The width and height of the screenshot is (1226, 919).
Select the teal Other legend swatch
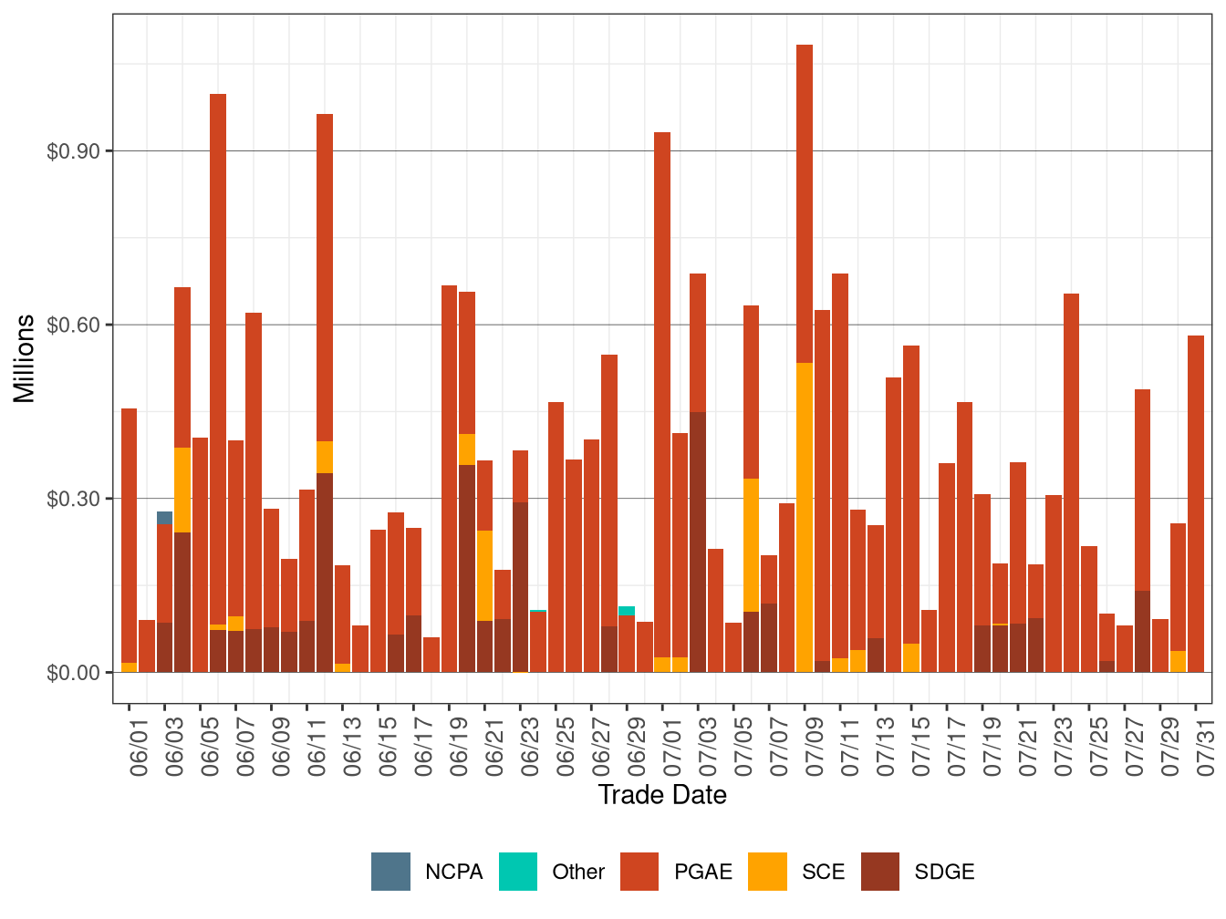point(518,872)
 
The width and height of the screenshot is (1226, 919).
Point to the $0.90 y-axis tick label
point(73,151)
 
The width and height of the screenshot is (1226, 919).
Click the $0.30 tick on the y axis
point(73,499)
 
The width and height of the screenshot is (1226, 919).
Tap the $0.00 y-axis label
point(73,673)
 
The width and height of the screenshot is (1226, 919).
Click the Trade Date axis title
point(662,795)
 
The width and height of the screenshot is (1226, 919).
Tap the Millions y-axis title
point(24,358)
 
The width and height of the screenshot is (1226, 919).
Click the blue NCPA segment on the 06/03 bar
point(164,518)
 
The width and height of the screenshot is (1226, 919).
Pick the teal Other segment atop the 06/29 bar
point(627,611)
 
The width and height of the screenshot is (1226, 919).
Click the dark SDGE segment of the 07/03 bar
point(698,542)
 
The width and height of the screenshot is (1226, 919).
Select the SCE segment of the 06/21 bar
point(484,575)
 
